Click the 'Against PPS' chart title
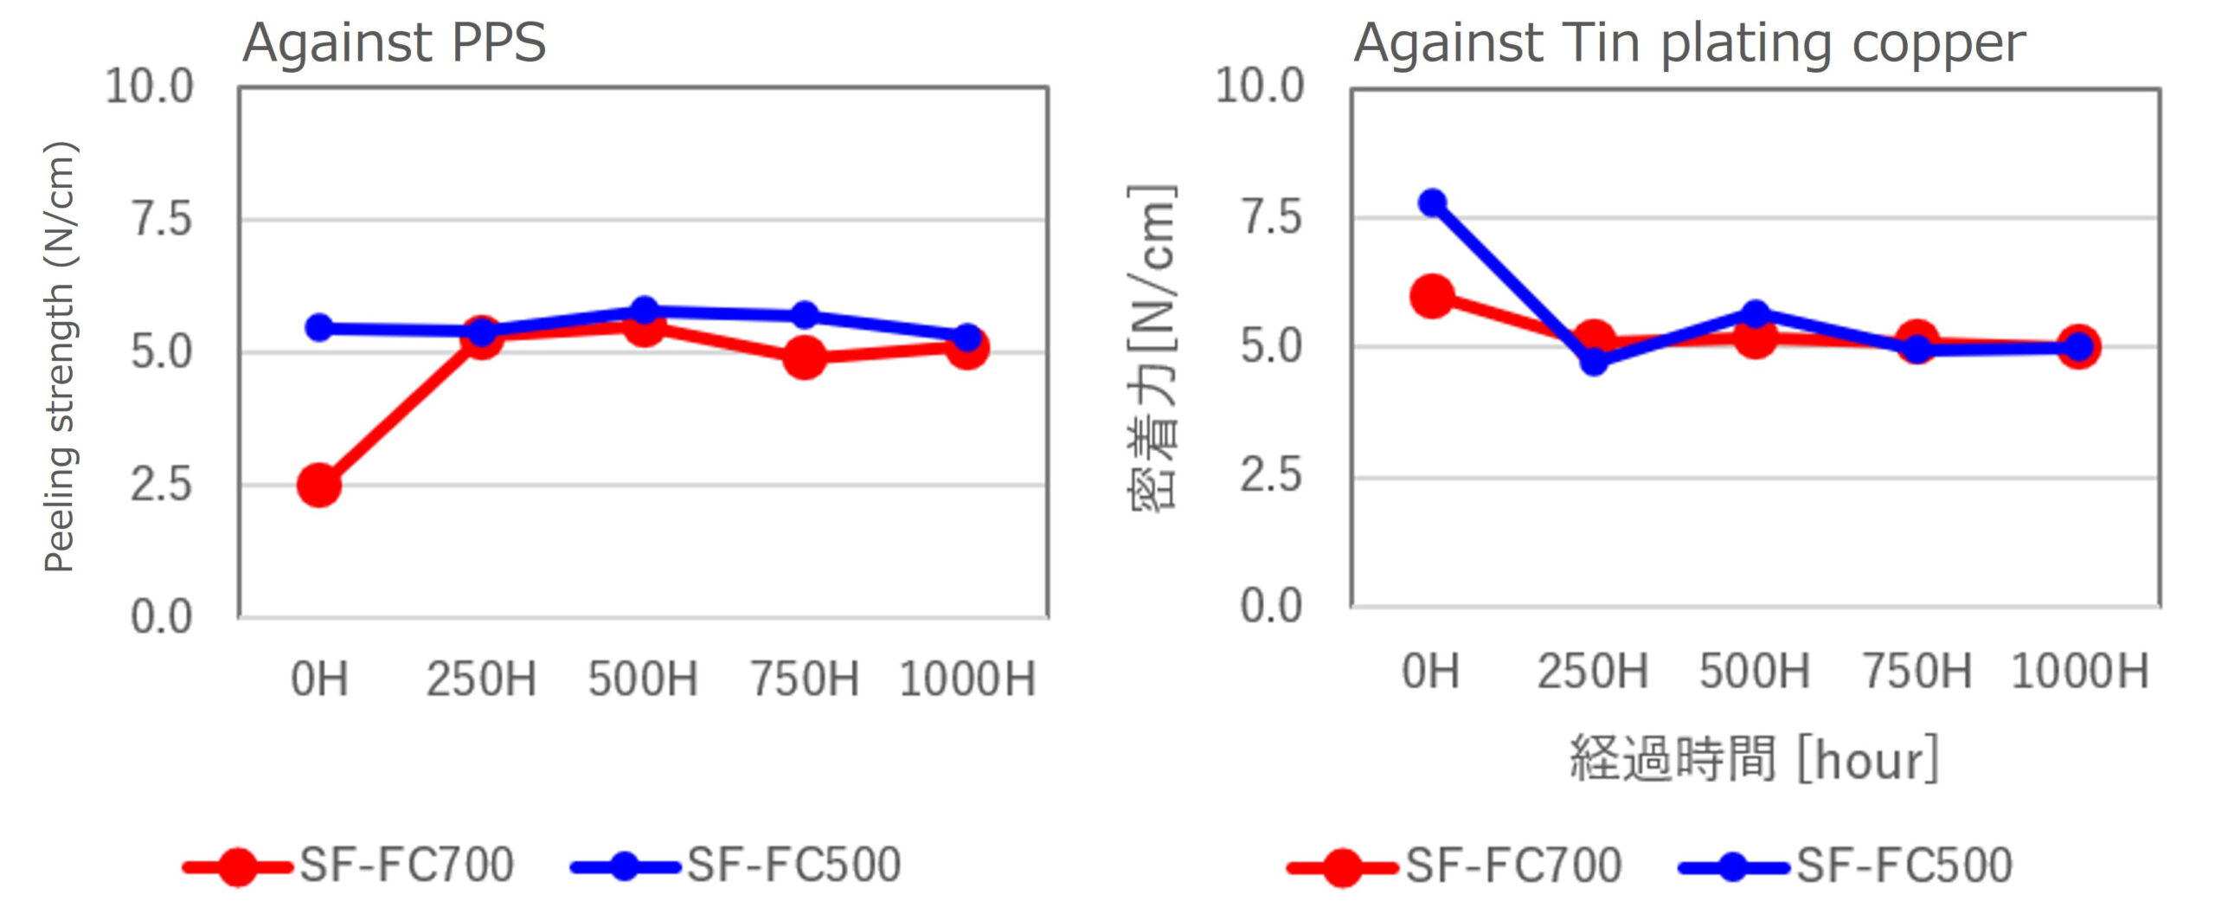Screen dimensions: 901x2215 395,42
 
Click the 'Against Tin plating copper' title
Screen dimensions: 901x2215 1689,42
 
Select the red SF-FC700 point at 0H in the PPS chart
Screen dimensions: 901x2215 318,484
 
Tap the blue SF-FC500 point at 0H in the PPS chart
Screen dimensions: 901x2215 319,328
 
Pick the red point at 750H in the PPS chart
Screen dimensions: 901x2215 805,357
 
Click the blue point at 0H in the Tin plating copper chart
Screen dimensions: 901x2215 1432,203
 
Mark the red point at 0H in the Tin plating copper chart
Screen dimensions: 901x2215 1432,296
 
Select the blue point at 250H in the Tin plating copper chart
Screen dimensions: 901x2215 1594,360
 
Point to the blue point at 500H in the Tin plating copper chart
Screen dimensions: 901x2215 1756,313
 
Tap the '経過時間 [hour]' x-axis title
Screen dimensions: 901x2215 1755,760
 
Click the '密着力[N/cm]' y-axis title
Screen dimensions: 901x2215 1152,348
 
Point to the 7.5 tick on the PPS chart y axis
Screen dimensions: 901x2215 161,218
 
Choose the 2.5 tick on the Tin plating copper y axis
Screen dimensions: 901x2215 1270,475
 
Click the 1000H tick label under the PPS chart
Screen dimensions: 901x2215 967,679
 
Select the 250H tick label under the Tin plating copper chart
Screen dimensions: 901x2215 1593,673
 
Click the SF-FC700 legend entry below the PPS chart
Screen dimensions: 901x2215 407,865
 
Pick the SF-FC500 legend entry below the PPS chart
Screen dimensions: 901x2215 793,865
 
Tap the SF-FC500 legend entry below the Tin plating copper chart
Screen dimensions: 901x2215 1904,865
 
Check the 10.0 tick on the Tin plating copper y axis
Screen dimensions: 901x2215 1259,86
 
